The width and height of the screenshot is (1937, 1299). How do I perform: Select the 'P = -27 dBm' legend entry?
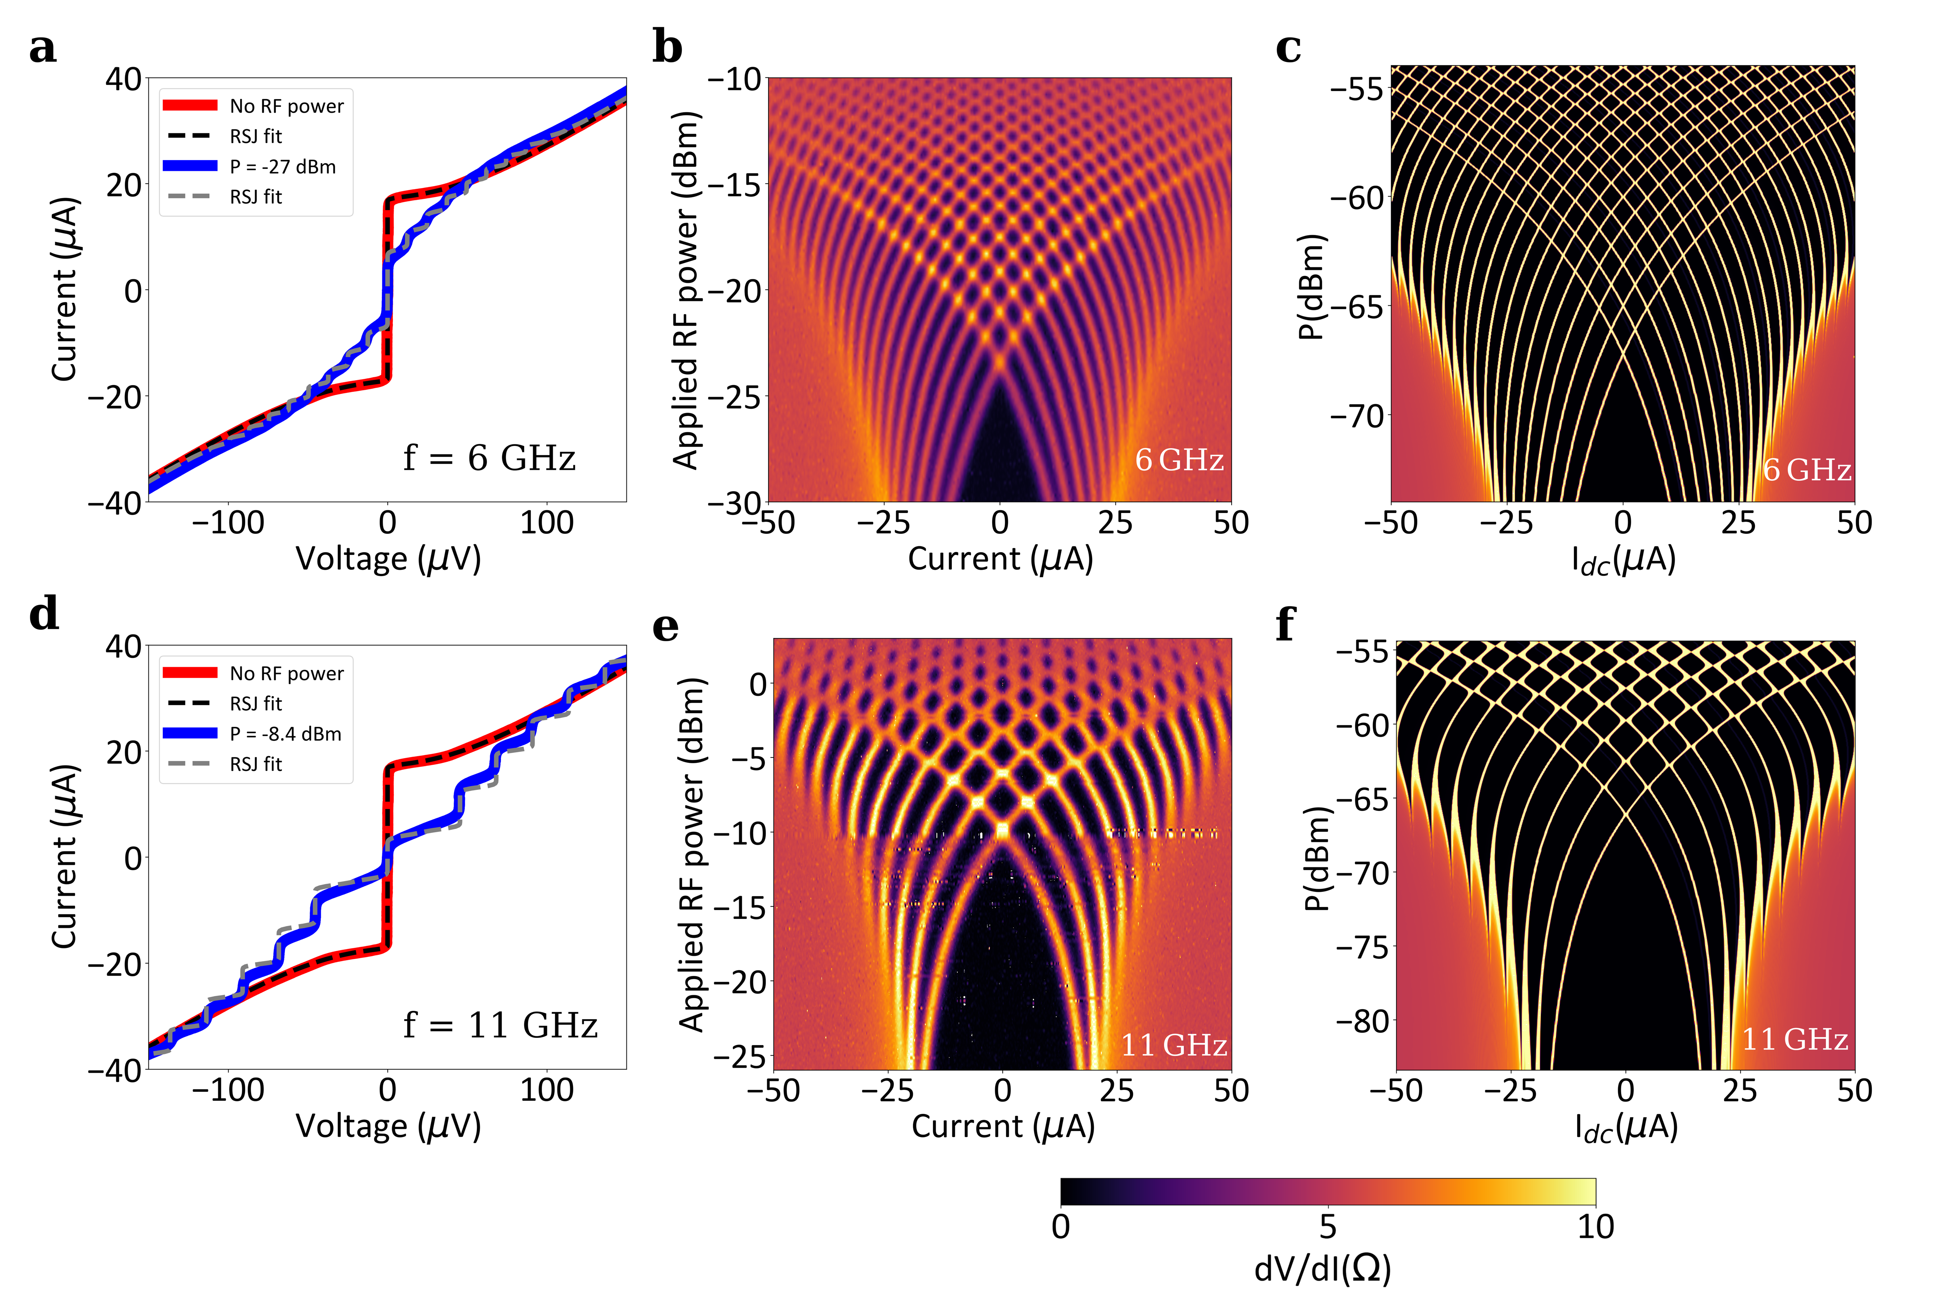coord(282,167)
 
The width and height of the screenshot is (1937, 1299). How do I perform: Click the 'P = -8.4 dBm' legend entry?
coord(285,734)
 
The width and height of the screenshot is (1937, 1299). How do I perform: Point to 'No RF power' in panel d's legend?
coord(286,674)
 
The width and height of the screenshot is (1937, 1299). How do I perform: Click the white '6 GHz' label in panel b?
coord(1179,460)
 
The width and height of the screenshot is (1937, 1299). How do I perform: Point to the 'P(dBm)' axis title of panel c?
coord(1311,286)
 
